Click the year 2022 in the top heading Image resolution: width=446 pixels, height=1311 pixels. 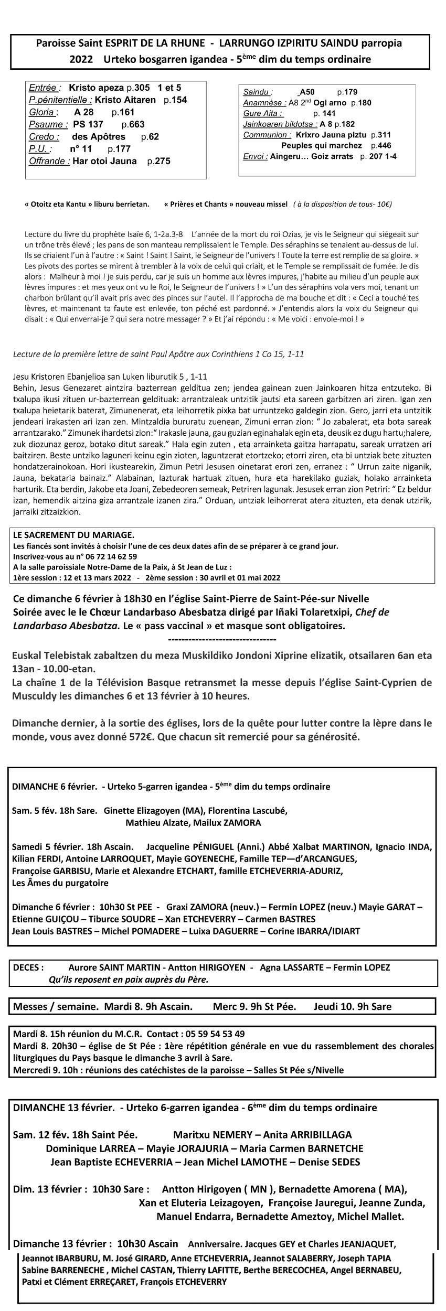80,59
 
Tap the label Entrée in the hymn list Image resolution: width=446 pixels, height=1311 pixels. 45,88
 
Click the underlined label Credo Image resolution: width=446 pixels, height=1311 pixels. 44,137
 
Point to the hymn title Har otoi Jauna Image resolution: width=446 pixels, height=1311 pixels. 104,162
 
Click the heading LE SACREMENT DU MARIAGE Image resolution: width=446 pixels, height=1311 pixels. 74,535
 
